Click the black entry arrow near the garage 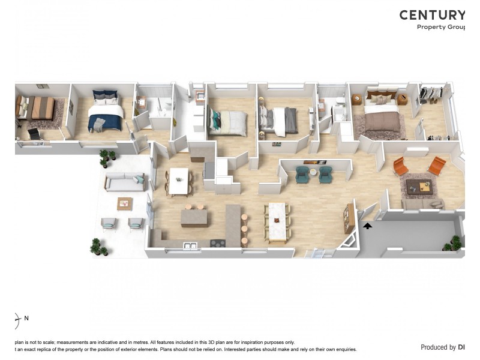click(367, 226)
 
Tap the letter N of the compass click(26, 318)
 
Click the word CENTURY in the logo click(432, 15)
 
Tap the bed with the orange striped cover click(41, 107)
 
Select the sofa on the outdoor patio click(125, 182)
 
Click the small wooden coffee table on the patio click(125, 203)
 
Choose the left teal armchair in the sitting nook click(301, 174)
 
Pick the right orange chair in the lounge click(437, 165)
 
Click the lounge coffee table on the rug click(419, 187)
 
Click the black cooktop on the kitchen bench click(217, 244)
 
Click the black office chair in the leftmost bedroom click(34, 134)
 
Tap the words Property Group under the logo click(441, 27)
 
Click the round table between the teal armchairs click(313, 174)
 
